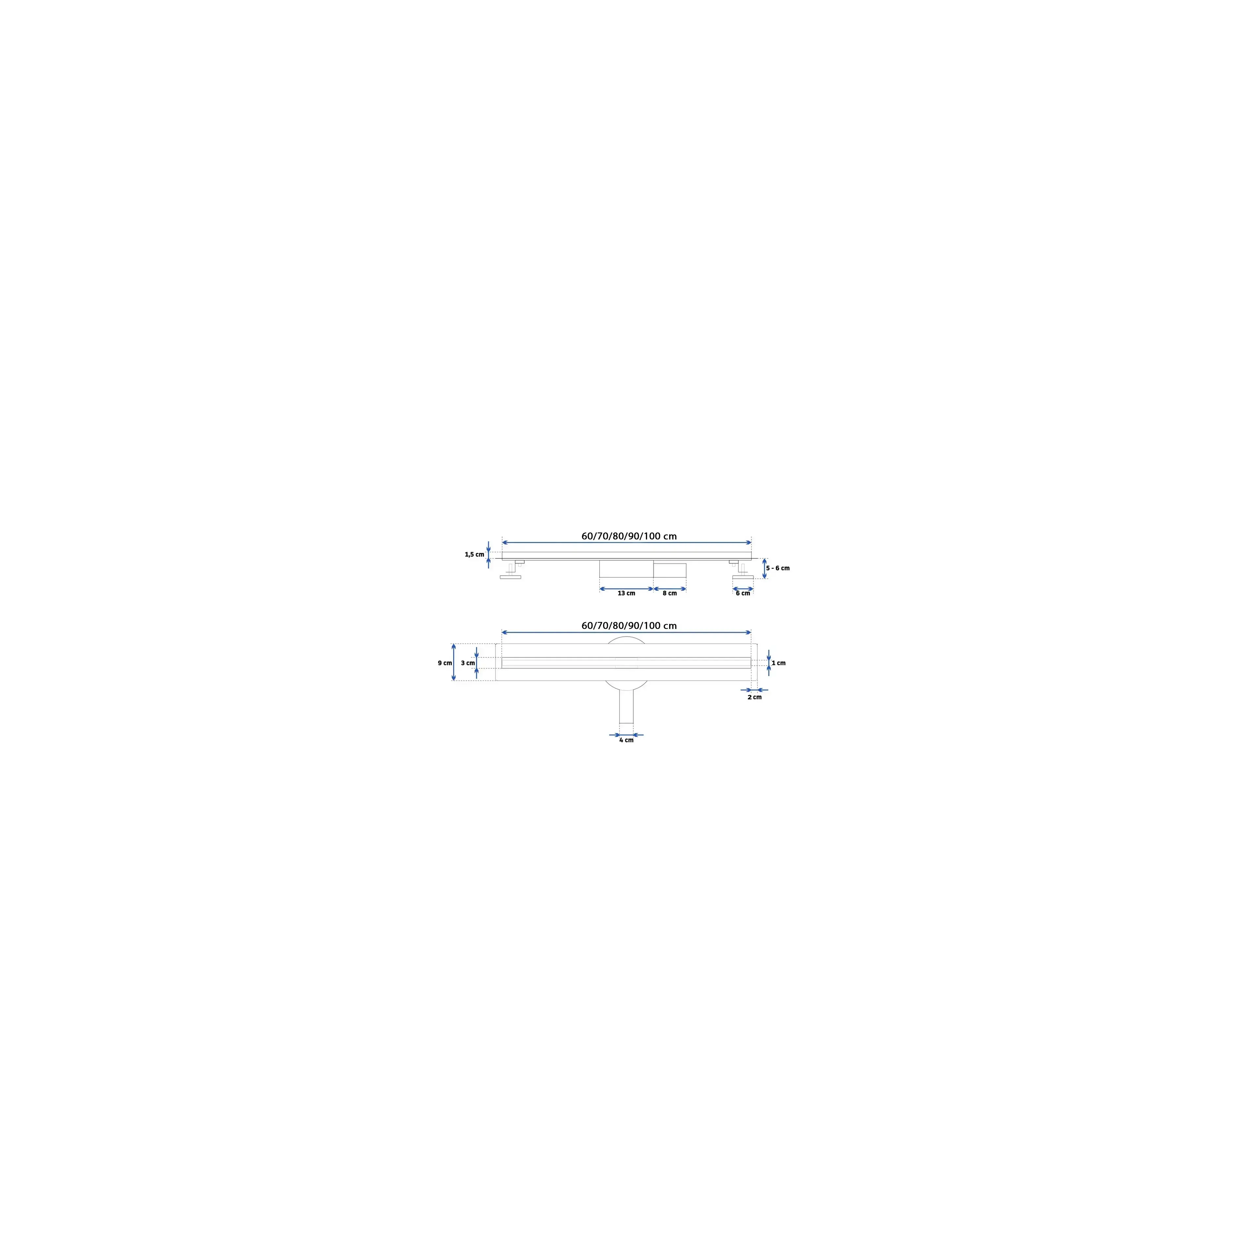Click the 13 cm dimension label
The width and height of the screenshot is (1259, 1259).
click(x=626, y=593)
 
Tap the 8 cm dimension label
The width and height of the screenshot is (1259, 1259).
click(x=670, y=593)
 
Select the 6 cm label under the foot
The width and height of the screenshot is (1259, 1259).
click(x=743, y=593)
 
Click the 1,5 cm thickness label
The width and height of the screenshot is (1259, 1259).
click(x=474, y=554)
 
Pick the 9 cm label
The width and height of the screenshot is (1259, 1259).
click(x=445, y=663)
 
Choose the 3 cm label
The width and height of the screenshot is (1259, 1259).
click(x=468, y=663)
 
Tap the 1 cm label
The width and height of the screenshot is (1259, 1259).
click(x=779, y=663)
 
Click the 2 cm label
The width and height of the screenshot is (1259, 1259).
click(x=755, y=697)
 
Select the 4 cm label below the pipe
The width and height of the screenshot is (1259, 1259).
click(x=626, y=740)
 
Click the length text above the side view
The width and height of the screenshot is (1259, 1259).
click(x=629, y=536)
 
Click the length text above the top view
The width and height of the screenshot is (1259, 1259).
click(x=629, y=626)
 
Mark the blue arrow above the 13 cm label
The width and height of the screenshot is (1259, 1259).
click(x=626, y=589)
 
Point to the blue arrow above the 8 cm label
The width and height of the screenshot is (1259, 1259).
click(x=670, y=589)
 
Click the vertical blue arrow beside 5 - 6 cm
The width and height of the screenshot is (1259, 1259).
click(x=764, y=568)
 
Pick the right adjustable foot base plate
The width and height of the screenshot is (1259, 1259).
click(x=743, y=577)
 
